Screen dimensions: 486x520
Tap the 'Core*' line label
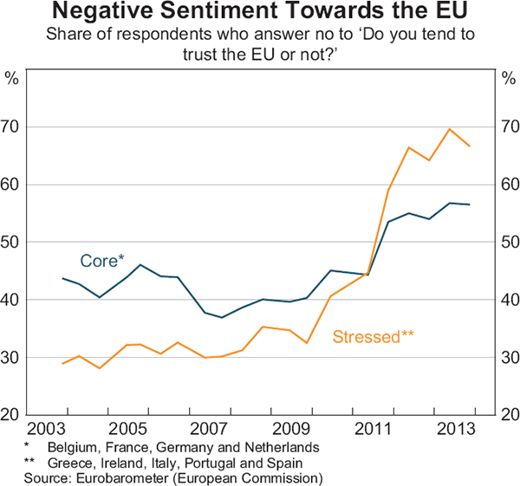(x=103, y=260)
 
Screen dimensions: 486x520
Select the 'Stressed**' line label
(x=373, y=336)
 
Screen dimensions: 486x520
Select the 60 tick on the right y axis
(x=507, y=185)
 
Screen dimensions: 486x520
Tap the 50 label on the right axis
(x=507, y=243)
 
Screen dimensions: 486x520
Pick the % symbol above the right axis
(x=507, y=77)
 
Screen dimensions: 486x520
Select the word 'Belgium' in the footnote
(x=73, y=448)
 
